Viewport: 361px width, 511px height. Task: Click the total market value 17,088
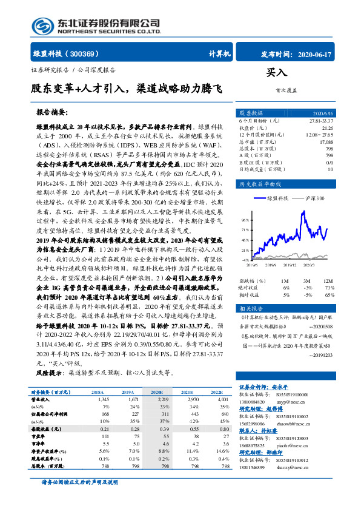pos(326,141)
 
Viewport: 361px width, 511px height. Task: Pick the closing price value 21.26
pos(328,128)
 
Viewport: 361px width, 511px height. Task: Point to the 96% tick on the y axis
pos(243,220)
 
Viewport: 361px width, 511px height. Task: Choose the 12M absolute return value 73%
pos(328,288)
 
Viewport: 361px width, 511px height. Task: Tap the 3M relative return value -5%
pos(307,294)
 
